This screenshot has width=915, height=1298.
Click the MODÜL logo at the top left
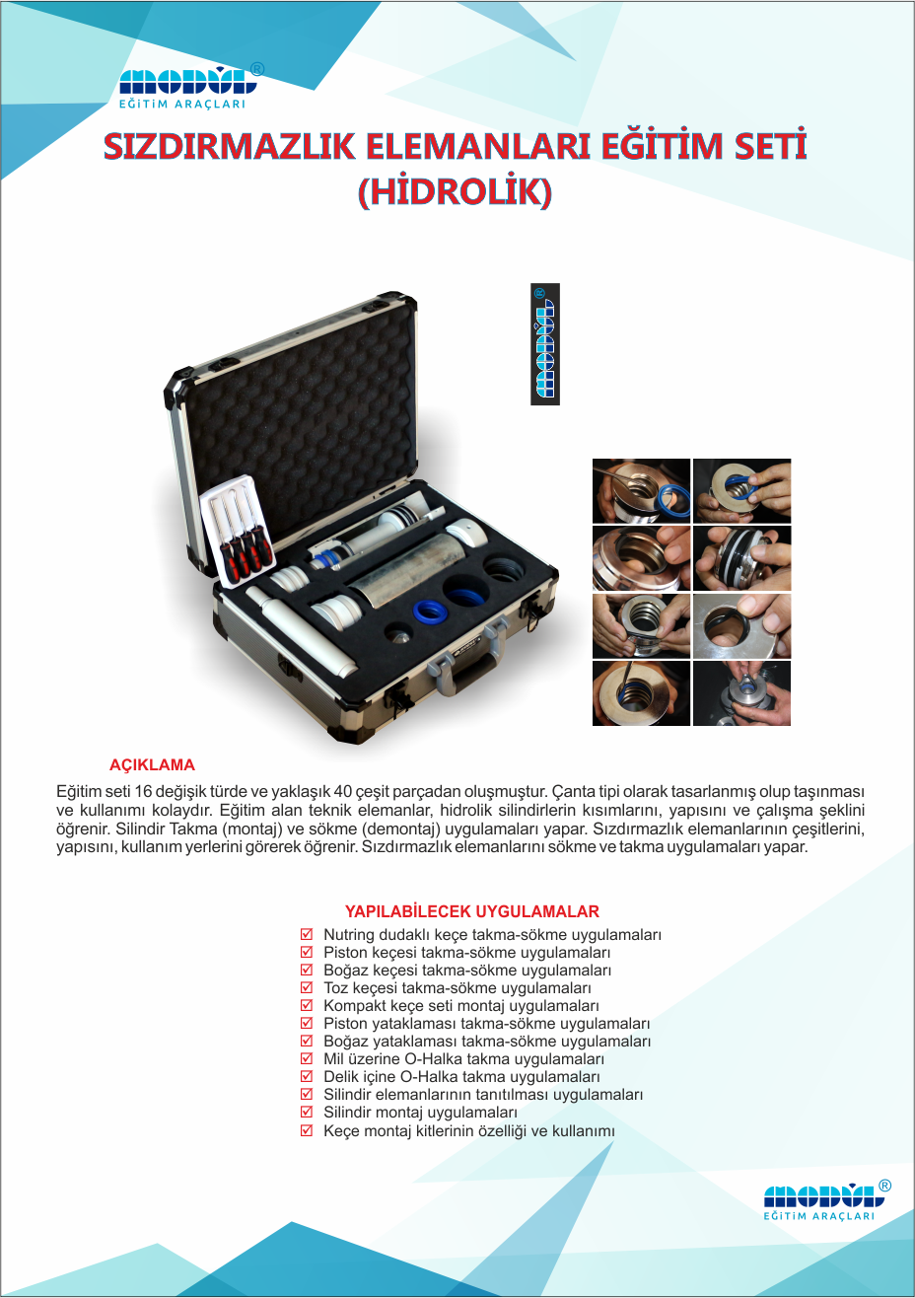click(x=190, y=86)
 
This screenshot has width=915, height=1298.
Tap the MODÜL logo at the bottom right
click(x=827, y=1201)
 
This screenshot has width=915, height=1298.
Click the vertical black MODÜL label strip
click(x=545, y=343)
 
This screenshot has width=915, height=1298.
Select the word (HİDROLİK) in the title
click(x=456, y=191)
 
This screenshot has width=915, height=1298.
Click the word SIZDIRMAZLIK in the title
click(x=229, y=146)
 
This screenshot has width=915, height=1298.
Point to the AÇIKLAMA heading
click(x=152, y=765)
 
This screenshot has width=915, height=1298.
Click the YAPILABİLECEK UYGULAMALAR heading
click(x=472, y=911)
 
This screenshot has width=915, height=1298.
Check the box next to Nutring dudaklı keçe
click(x=307, y=934)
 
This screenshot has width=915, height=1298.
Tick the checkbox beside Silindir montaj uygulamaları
click(x=307, y=1112)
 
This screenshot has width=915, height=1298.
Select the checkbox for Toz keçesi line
click(x=307, y=987)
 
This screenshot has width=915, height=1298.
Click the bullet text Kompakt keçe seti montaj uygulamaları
click(x=461, y=1005)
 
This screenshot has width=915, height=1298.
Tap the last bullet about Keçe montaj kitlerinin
click(x=469, y=1130)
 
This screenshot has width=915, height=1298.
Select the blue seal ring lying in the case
click(x=435, y=612)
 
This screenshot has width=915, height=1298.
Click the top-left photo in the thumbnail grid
click(x=641, y=491)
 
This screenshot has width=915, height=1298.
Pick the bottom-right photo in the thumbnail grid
click(x=741, y=693)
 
